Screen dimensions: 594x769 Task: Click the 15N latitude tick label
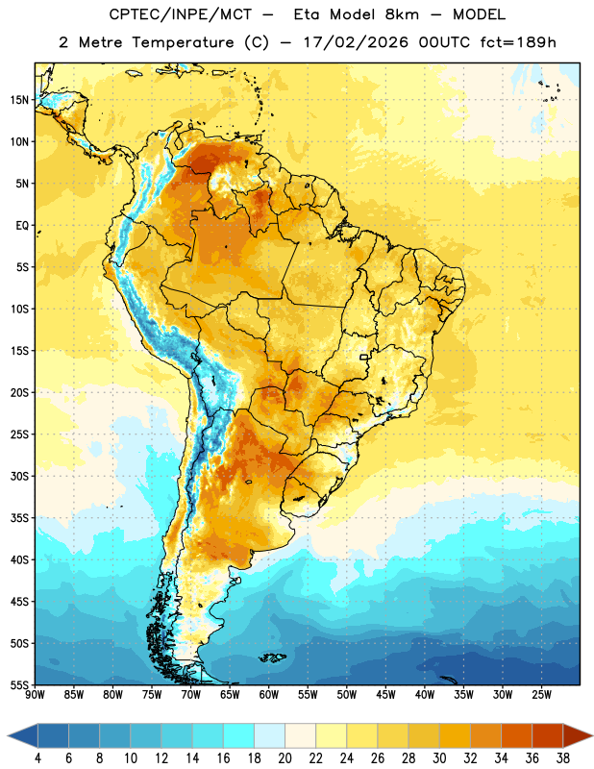(19, 100)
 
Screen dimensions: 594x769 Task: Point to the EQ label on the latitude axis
(22, 226)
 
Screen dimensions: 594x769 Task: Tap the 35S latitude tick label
(19, 518)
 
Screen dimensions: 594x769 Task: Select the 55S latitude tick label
(19, 684)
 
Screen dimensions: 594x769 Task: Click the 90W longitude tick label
(36, 694)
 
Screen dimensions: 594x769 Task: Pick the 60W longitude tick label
(269, 694)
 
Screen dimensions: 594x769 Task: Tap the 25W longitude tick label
(541, 694)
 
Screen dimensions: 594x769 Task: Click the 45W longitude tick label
(386, 694)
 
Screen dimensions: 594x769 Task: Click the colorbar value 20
(285, 758)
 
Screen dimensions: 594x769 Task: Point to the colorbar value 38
(563, 758)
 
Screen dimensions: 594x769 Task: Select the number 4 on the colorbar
(37, 758)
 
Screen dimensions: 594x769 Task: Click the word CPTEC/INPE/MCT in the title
(181, 14)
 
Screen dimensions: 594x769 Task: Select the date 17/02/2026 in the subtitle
(356, 42)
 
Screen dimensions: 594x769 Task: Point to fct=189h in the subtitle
(518, 42)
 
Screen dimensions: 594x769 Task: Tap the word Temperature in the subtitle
(183, 42)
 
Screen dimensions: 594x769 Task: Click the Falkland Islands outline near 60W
(273, 657)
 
